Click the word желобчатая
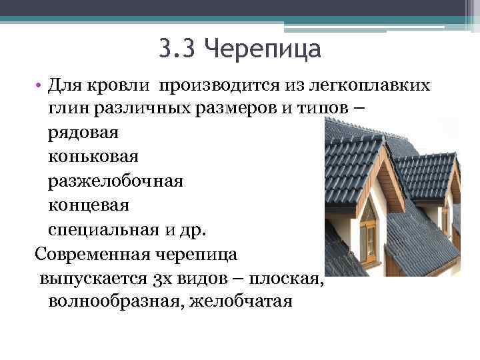pos(241,301)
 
